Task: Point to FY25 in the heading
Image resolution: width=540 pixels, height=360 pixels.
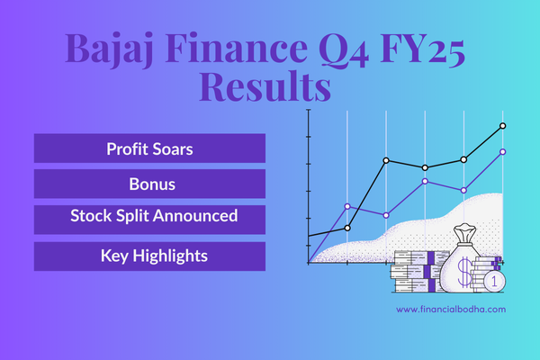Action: coord(423,49)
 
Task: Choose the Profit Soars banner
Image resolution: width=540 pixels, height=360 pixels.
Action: coord(149,148)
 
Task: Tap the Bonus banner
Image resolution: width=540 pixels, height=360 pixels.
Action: coord(149,184)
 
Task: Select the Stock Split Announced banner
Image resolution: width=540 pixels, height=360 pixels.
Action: coord(149,220)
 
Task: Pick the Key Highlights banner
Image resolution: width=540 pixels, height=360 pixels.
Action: coord(149,256)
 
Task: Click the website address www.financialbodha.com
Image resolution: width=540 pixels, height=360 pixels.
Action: coord(451,309)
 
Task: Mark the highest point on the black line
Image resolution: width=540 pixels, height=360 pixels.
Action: coord(503,126)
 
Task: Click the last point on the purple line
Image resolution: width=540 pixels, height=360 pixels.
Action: coord(503,152)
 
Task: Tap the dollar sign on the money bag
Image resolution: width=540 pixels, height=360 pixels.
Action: coord(465,272)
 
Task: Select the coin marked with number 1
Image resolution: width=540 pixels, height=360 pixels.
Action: coord(494,281)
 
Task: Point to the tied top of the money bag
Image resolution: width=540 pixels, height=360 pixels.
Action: coord(465,232)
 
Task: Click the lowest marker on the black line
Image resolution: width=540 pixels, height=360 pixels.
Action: coord(347,228)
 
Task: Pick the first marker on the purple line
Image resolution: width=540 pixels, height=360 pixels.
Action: coord(347,206)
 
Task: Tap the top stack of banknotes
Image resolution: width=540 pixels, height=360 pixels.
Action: coord(421,257)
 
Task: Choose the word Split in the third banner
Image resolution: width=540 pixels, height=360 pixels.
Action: coord(133,216)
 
